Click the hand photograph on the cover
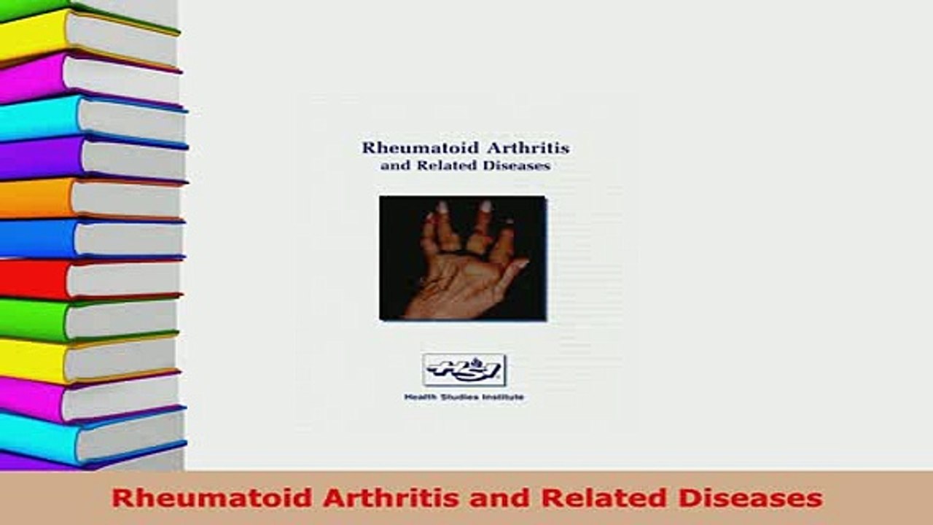(x=463, y=258)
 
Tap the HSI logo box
(x=464, y=370)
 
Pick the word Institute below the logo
(x=503, y=397)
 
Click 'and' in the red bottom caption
(x=480, y=498)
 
